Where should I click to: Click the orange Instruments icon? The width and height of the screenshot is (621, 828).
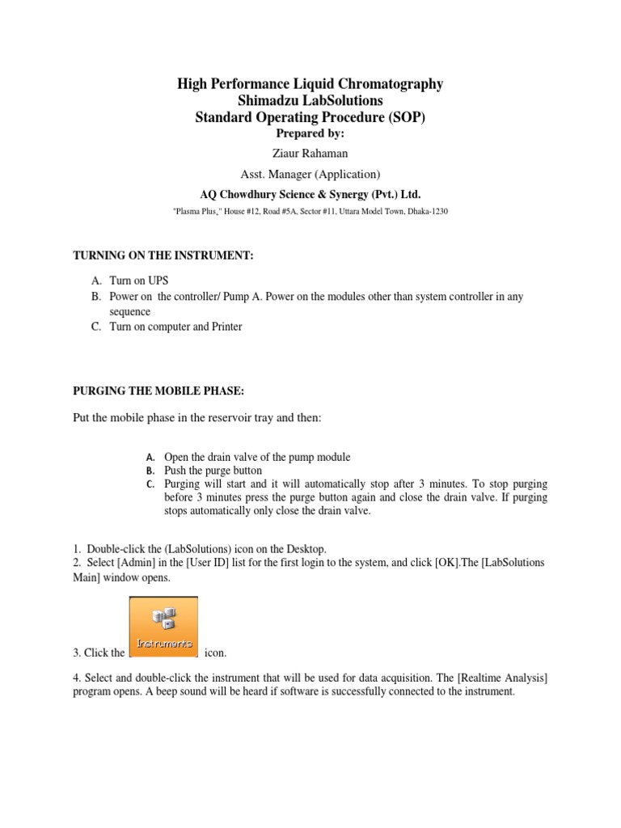(x=163, y=627)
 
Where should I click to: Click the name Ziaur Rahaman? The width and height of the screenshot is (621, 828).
(x=310, y=154)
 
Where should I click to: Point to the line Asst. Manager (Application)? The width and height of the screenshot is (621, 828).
(x=310, y=174)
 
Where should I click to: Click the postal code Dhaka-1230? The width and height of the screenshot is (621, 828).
(x=425, y=210)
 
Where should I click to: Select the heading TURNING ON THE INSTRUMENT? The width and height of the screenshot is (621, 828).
(x=164, y=256)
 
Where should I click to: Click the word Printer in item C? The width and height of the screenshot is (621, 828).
(x=226, y=327)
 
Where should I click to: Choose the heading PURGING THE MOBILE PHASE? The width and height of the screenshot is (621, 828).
(x=158, y=391)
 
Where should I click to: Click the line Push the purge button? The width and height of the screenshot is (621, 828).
(x=213, y=470)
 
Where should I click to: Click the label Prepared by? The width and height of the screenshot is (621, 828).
(x=310, y=133)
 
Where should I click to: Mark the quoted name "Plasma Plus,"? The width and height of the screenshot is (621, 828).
(x=200, y=210)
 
